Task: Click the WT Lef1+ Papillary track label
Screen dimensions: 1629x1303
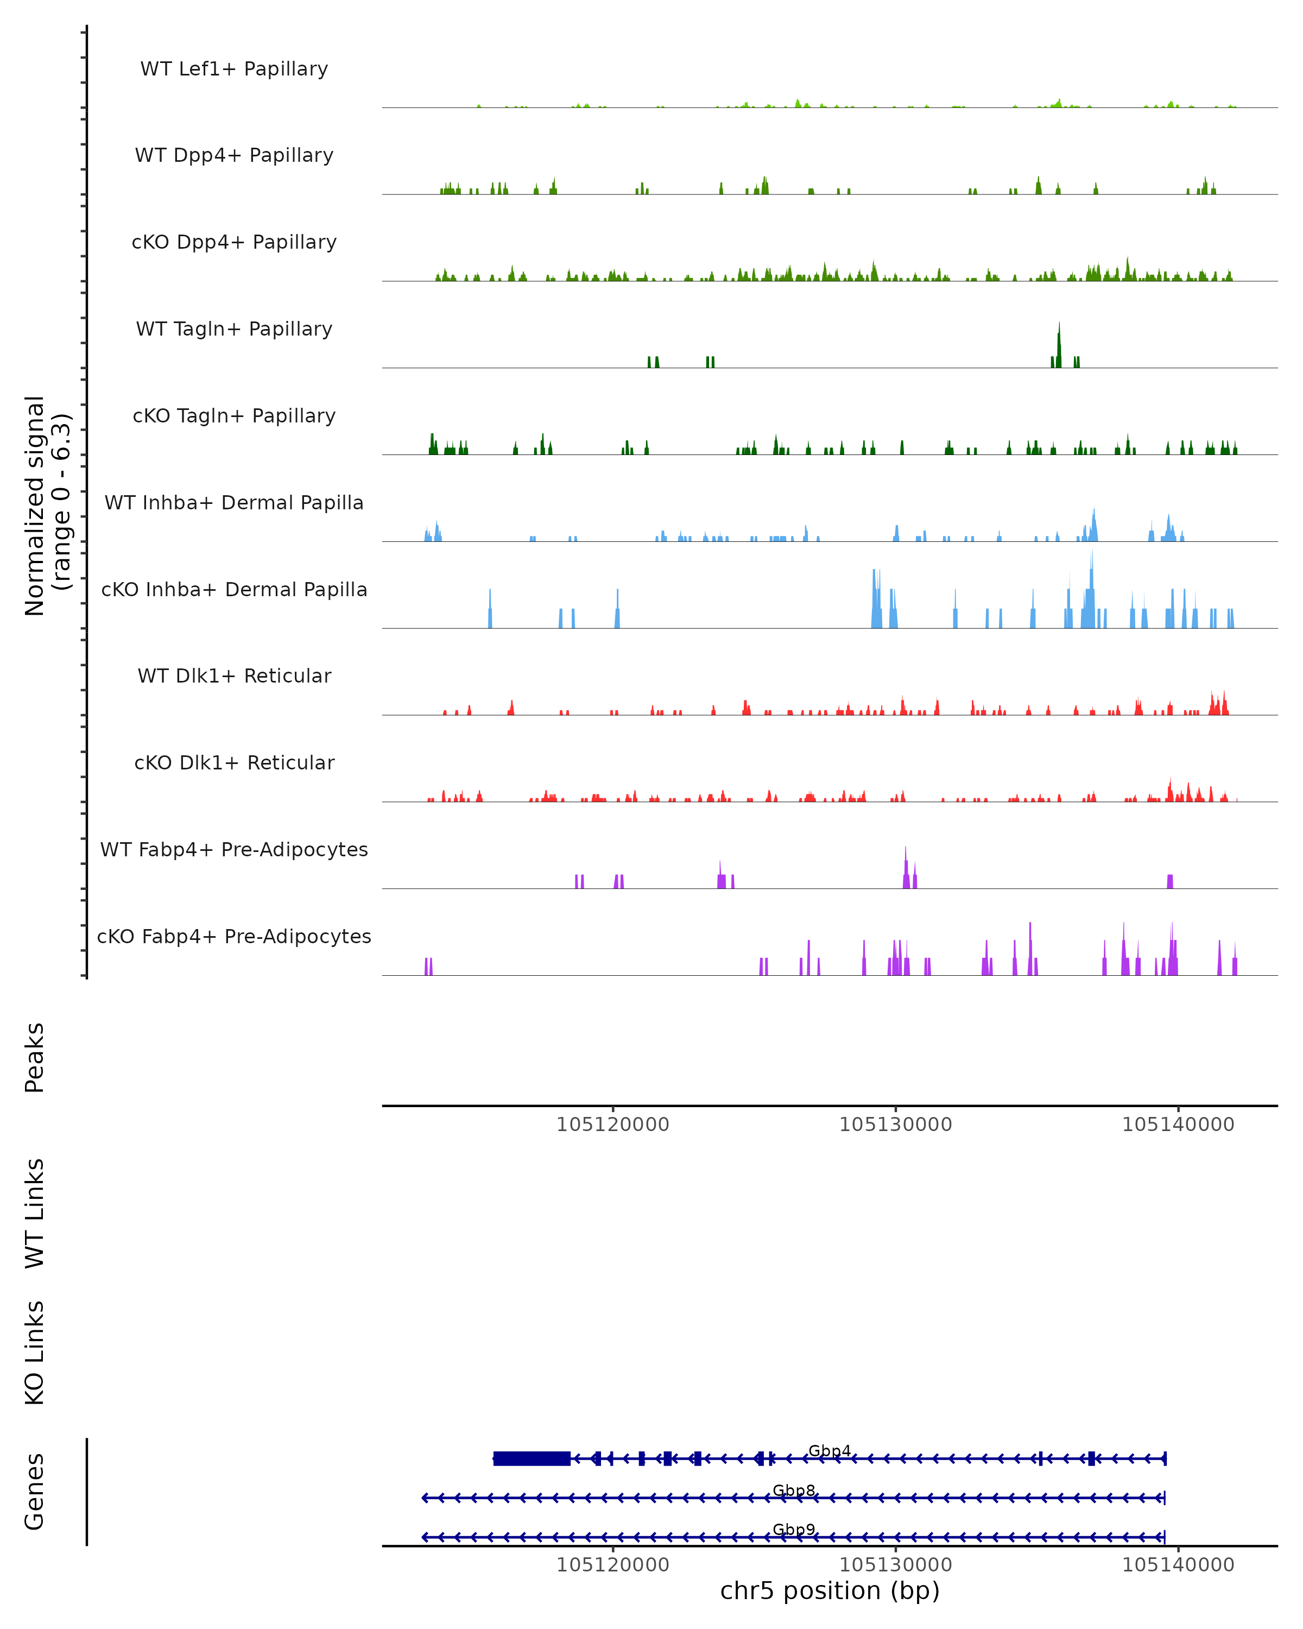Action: [234, 69]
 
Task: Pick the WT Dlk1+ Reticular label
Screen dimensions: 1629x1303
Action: [234, 675]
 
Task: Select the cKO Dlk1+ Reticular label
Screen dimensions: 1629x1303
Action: [234, 762]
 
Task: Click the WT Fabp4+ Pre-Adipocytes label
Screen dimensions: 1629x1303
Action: [234, 849]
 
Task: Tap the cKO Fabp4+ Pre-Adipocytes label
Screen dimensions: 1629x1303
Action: [234, 936]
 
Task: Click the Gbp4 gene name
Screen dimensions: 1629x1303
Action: [830, 1451]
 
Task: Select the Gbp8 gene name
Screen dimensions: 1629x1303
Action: [794, 1491]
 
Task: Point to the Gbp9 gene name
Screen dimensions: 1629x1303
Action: [794, 1530]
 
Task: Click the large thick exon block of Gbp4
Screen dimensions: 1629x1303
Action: [532, 1458]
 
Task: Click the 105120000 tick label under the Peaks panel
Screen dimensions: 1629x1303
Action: [612, 1125]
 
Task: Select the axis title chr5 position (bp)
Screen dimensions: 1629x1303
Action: [830, 1591]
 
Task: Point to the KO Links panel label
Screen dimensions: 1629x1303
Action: [35, 1353]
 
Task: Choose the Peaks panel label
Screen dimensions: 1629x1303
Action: [35, 1057]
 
